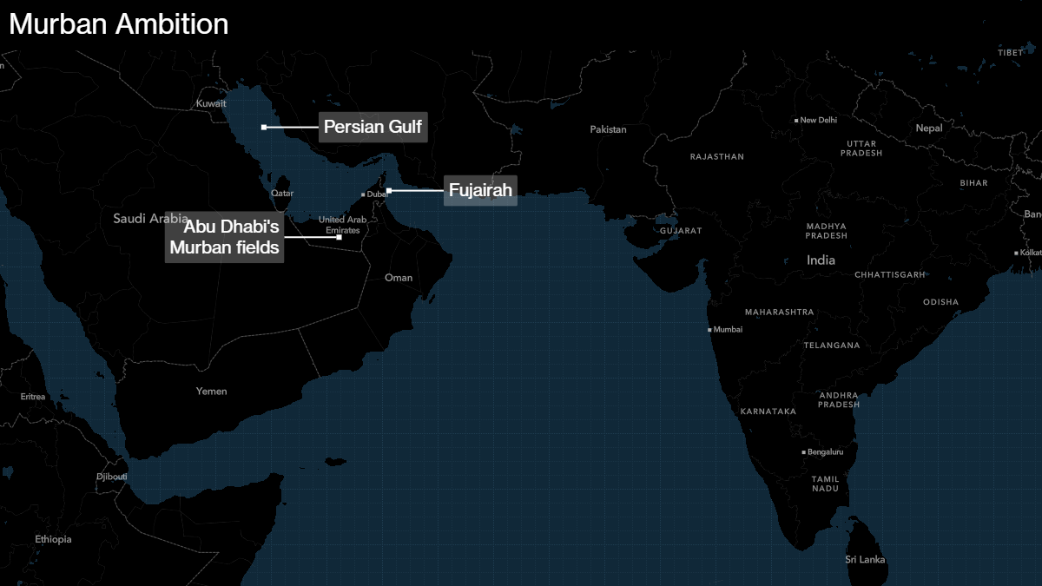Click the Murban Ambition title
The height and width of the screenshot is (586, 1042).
(x=119, y=24)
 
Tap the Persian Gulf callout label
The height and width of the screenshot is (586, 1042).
(x=373, y=128)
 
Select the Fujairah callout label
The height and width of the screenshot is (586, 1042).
(x=480, y=190)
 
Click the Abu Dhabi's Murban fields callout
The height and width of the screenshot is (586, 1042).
(x=224, y=238)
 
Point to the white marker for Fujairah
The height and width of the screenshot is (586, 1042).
(x=389, y=190)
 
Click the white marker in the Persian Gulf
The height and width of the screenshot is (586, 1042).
(x=264, y=128)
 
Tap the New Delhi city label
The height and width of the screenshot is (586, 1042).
(x=818, y=120)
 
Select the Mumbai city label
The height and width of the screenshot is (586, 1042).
(x=728, y=330)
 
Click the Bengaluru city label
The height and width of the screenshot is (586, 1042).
(x=825, y=452)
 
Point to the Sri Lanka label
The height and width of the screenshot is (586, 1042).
(x=865, y=560)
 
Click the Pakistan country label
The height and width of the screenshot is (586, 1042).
(x=608, y=129)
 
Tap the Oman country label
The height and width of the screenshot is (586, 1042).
(x=399, y=278)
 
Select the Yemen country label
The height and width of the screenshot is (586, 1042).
(x=211, y=392)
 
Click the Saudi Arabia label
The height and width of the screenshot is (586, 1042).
(x=149, y=219)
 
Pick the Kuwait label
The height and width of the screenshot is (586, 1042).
(x=211, y=103)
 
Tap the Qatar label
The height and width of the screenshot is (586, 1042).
(x=282, y=193)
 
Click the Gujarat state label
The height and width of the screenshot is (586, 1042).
(x=680, y=232)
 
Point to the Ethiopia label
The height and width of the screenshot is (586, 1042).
(x=54, y=540)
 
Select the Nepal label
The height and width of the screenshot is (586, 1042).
(x=928, y=128)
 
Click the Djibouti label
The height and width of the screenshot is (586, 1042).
(x=111, y=477)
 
